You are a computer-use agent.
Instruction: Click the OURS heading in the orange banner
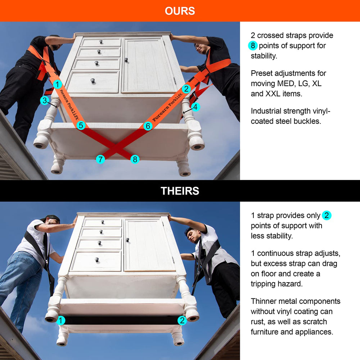180,11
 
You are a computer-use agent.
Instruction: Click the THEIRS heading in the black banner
180,191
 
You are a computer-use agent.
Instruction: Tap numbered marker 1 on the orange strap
57,84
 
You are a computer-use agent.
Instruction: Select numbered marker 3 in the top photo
45,100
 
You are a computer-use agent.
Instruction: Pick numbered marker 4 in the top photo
195,107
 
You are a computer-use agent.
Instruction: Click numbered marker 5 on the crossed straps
81,125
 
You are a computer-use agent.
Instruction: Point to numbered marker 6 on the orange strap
148,126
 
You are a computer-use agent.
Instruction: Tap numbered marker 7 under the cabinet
100,159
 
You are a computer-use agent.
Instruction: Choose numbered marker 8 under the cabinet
135,159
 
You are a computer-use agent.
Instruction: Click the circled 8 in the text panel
253,46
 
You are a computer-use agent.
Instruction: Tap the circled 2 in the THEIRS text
327,216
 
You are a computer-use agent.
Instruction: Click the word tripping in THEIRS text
265,284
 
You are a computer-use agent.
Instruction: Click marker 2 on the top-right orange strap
186,89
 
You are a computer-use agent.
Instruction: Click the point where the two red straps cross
117,148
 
